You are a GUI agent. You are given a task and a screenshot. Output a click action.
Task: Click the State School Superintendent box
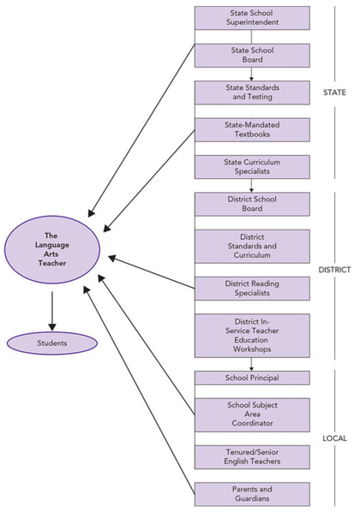click(252, 18)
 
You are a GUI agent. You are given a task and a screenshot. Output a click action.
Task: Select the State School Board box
click(252, 56)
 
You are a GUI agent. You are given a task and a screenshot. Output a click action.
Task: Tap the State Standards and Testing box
click(252, 92)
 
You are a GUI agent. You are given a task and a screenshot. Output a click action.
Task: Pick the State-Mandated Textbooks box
click(252, 130)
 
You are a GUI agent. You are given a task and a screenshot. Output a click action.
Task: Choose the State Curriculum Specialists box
click(252, 167)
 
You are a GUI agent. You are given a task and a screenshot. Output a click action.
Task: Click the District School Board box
click(252, 204)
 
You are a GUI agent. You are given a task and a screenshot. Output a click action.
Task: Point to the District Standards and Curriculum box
click(252, 247)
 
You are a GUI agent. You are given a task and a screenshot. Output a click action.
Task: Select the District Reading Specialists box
click(252, 289)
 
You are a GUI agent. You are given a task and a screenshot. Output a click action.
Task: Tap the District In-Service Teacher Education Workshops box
click(252, 336)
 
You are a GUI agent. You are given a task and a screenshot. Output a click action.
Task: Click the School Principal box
click(252, 378)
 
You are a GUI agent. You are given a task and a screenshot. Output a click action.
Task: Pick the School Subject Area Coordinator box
click(252, 415)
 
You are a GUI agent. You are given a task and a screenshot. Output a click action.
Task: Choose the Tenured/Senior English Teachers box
click(252, 457)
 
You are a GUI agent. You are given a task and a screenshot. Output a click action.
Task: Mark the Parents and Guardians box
click(252, 494)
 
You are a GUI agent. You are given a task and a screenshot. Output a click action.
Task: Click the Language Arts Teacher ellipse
click(52, 249)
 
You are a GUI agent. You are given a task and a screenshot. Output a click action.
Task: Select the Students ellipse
click(52, 343)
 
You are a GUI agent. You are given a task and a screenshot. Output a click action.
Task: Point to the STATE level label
click(334, 92)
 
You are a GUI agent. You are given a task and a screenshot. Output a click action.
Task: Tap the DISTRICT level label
click(334, 270)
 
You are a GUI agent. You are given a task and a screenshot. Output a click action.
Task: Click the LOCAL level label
click(334, 438)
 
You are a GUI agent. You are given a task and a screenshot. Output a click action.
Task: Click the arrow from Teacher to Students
click(52, 311)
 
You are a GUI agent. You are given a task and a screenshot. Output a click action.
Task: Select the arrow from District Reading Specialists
click(152, 272)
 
